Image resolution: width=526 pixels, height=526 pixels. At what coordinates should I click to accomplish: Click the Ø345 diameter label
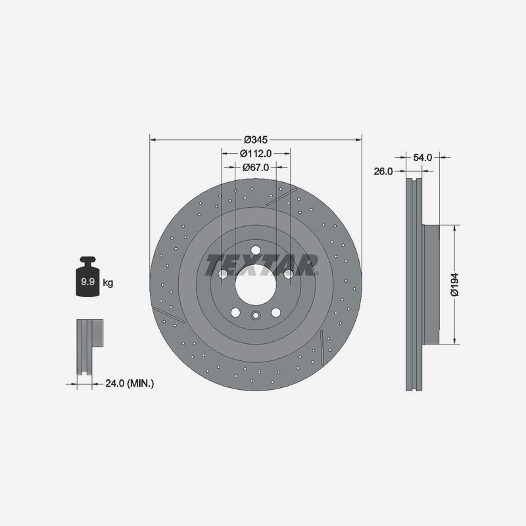(x=256, y=139)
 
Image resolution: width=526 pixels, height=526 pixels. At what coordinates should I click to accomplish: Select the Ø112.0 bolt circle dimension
(x=256, y=153)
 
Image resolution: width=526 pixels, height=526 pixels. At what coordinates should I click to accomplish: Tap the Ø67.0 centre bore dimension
(x=256, y=167)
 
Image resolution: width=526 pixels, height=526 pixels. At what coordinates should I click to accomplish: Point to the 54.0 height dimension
(x=422, y=157)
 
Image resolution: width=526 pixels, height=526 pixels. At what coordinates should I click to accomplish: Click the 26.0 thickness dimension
(x=383, y=172)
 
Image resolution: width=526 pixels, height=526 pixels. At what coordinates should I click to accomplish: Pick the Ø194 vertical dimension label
(x=455, y=285)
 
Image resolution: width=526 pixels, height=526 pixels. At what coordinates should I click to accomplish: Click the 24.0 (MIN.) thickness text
(x=130, y=383)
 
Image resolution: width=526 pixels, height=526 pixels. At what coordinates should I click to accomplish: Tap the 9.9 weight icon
(x=88, y=277)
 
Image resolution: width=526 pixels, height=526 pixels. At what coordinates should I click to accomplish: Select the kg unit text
(x=108, y=283)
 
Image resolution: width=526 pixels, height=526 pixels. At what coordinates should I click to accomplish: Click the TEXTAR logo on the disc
(x=261, y=265)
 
